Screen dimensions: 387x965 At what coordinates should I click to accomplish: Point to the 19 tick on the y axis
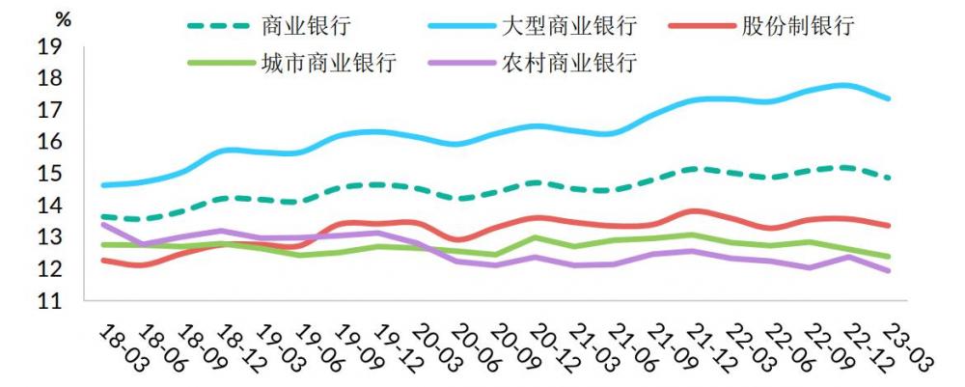[50, 46]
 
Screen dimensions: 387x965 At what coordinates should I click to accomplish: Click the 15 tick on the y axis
[50, 174]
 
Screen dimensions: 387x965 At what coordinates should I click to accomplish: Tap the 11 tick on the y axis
[50, 301]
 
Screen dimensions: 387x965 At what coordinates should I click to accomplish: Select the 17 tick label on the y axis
[50, 110]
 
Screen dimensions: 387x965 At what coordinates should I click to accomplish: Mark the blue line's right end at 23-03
[887, 98]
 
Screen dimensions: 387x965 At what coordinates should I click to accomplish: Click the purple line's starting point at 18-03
[103, 225]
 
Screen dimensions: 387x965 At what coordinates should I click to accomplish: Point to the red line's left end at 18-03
[103, 261]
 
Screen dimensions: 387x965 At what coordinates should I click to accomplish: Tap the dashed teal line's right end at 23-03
[887, 178]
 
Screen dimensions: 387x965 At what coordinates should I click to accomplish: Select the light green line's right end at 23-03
[887, 257]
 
